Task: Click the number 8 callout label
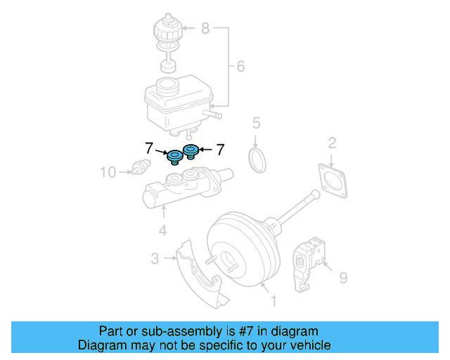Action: click(x=205, y=28)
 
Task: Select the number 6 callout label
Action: click(x=240, y=67)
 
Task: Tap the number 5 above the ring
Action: click(x=257, y=124)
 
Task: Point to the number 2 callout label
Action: click(x=332, y=145)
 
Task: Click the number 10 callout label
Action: click(x=107, y=171)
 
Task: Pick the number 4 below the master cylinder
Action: click(x=162, y=230)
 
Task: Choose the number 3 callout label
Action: click(x=155, y=259)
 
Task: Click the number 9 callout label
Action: click(x=343, y=278)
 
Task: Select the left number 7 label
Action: click(x=148, y=148)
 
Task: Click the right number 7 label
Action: click(x=219, y=149)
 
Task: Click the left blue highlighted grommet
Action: click(x=174, y=156)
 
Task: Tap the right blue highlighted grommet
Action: click(x=191, y=150)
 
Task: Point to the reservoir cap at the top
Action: click(x=167, y=30)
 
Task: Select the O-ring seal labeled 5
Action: click(x=259, y=159)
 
